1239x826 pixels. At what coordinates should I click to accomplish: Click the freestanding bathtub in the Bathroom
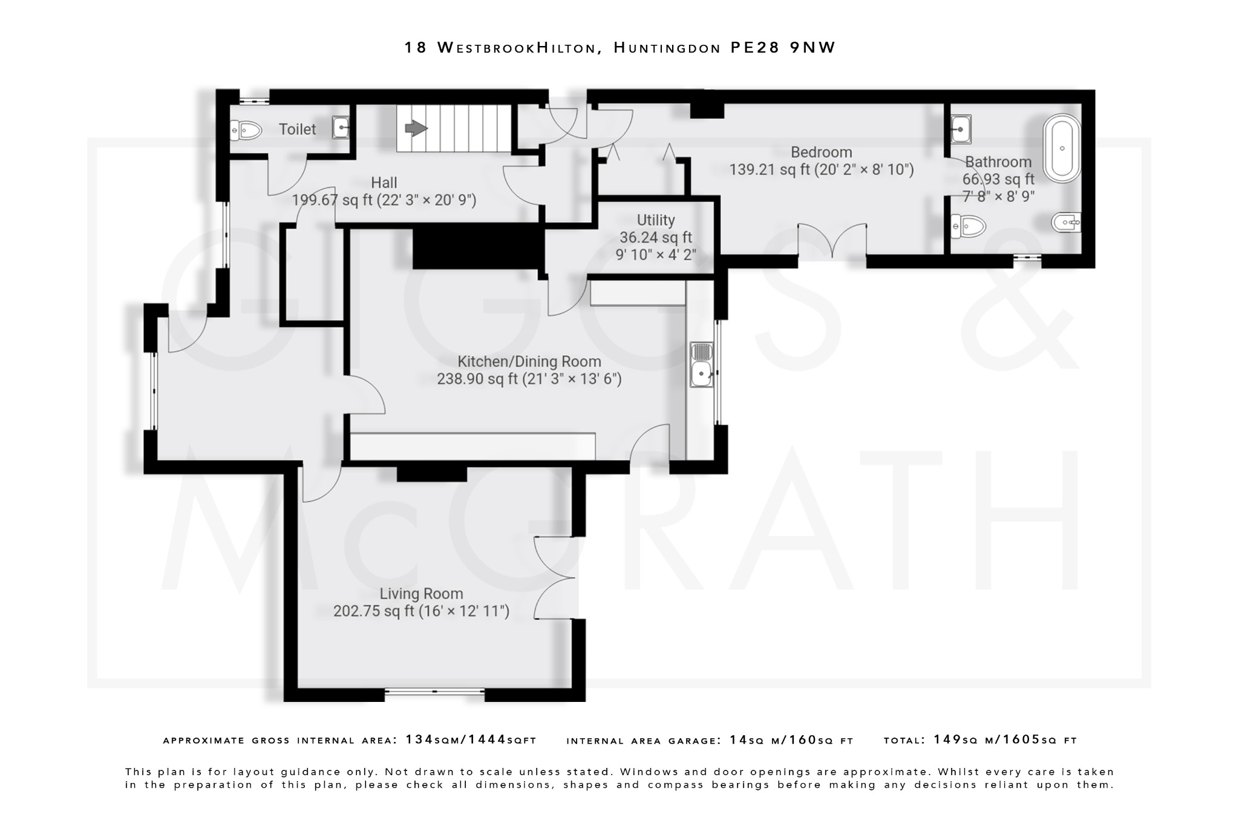(x=1062, y=148)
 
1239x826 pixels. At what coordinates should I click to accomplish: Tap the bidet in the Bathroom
(x=1067, y=223)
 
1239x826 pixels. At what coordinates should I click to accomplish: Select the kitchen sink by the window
(x=702, y=364)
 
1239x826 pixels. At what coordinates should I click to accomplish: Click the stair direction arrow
(x=416, y=128)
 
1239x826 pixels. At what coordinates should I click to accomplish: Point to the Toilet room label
(x=297, y=129)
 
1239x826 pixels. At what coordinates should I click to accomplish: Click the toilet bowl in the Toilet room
(x=246, y=129)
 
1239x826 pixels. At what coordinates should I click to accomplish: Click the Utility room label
(x=655, y=220)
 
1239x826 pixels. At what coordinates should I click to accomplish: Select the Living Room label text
(x=421, y=594)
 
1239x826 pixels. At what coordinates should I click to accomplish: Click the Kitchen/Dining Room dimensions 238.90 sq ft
(x=529, y=379)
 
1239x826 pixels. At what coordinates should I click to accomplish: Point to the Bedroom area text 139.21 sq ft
(x=770, y=169)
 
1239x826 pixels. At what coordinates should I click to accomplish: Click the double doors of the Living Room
(x=554, y=577)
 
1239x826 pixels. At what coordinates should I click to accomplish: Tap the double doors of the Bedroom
(x=832, y=241)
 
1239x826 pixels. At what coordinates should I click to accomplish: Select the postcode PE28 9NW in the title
(x=783, y=47)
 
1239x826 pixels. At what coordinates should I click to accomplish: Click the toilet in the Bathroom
(x=967, y=226)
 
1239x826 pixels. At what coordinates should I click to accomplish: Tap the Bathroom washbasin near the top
(x=960, y=129)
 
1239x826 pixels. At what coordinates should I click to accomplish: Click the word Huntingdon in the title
(x=667, y=47)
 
